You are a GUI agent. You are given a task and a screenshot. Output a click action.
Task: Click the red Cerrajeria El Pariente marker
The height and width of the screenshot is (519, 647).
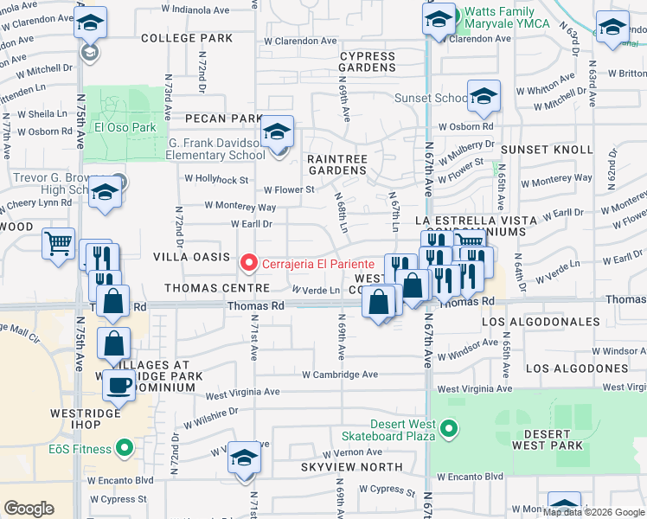tap(249, 260)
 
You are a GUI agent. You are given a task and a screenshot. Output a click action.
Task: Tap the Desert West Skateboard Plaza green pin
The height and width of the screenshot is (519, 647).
tap(448, 427)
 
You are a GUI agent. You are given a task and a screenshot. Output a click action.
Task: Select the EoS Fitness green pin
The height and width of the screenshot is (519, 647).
tap(125, 448)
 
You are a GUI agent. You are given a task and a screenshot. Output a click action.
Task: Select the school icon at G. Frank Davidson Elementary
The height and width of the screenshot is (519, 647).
tap(278, 131)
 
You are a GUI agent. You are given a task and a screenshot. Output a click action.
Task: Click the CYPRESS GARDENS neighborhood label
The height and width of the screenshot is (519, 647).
tap(367, 61)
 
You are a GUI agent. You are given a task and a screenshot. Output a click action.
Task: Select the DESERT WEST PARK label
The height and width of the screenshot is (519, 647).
tap(547, 439)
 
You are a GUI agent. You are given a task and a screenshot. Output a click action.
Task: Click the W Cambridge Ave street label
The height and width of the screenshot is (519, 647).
tap(340, 375)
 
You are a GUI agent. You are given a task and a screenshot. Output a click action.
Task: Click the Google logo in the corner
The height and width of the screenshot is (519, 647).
tap(29, 509)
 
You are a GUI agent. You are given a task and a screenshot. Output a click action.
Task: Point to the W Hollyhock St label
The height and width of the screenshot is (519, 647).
tap(216, 179)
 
